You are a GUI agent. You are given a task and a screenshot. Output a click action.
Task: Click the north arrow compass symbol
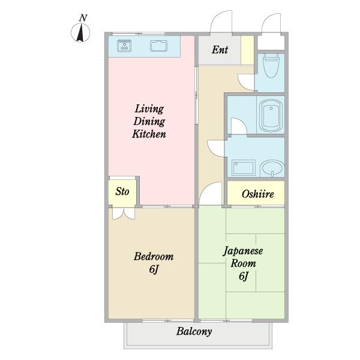pyautogui.click(x=80, y=32)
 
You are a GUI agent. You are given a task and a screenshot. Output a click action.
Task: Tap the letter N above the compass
pyautogui.click(x=83, y=18)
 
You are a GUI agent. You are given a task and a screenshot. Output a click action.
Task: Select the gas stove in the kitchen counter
pyautogui.click(x=124, y=46)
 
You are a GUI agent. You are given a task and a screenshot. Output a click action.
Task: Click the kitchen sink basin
pyautogui.click(x=158, y=46)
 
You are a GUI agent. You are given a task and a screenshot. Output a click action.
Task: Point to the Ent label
pyautogui.click(x=220, y=50)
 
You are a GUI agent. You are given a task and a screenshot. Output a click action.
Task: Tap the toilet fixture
pyautogui.click(x=271, y=65)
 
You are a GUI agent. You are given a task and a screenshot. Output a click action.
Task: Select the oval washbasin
pyautogui.click(x=272, y=168)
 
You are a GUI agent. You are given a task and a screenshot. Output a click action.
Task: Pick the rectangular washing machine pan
pyautogui.click(x=244, y=168)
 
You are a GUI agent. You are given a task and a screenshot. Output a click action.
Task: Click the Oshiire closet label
pyautogui.click(x=257, y=194)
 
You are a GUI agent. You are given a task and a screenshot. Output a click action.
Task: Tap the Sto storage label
pyautogui.click(x=122, y=191)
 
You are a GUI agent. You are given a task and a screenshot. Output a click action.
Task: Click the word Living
pyautogui.click(x=149, y=109)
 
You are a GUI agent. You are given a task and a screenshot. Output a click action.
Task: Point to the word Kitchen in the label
pyautogui.click(x=149, y=134)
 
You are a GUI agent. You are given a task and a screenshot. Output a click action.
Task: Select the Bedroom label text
pyautogui.click(x=154, y=256)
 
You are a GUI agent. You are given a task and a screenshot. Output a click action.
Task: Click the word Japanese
pyautogui.click(x=243, y=251)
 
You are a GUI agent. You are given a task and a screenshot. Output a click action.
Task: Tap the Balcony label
pyautogui.click(x=194, y=332)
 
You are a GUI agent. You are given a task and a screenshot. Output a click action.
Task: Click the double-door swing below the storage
pyautogui.click(x=124, y=214)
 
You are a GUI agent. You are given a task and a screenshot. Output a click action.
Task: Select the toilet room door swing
pyautogui.click(x=246, y=82)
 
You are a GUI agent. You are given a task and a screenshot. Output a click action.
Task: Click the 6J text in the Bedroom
pyautogui.click(x=154, y=269)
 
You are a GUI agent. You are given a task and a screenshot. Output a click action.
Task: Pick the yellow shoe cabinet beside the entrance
pyautogui.click(x=247, y=50)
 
